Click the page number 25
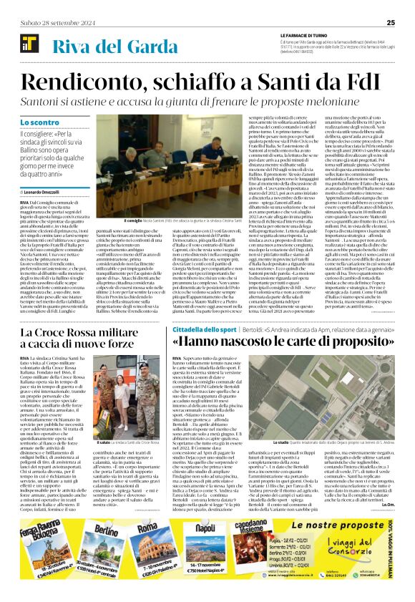click(391, 22)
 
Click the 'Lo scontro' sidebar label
click(41, 124)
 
